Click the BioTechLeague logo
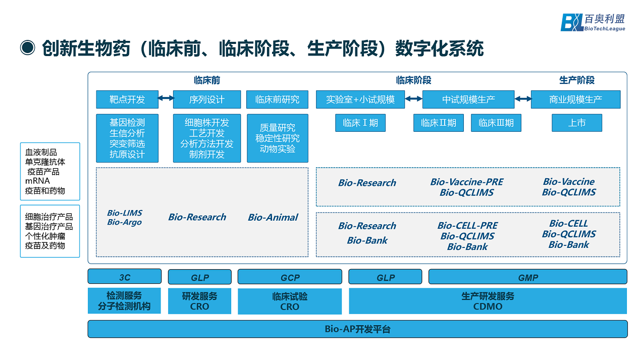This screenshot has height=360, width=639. (x=593, y=22)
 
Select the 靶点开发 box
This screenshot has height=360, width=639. (x=127, y=99)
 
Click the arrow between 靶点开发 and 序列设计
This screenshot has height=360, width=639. (x=166, y=99)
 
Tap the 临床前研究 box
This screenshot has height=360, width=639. (x=277, y=99)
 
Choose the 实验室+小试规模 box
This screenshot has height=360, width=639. (x=360, y=99)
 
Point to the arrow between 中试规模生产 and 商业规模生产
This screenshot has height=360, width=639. (x=522, y=99)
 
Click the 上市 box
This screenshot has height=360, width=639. (x=576, y=123)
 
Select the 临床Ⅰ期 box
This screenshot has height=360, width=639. (x=360, y=123)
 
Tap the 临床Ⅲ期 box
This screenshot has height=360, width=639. (x=496, y=123)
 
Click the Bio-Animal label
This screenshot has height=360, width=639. (x=273, y=218)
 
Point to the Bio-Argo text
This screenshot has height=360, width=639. (x=124, y=222)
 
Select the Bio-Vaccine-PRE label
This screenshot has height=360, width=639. (x=466, y=182)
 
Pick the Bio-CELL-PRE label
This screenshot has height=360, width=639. (x=467, y=226)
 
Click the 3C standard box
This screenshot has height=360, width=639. (x=125, y=277)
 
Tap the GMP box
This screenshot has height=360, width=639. (x=527, y=277)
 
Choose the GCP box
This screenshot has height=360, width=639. (x=290, y=277)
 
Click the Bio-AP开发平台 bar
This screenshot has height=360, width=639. (x=357, y=329)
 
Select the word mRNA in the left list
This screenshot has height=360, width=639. (x=37, y=181)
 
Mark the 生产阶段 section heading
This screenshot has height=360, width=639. (x=576, y=80)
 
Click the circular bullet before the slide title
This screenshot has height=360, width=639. (x=27, y=48)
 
